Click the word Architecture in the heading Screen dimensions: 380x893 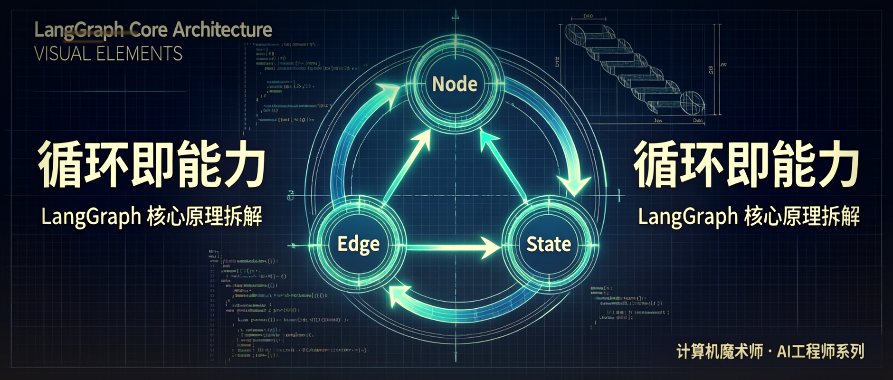coord(222,30)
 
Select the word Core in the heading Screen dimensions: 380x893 coord(148,30)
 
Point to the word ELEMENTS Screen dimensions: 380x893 coord(139,54)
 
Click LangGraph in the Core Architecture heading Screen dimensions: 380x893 coord(79,30)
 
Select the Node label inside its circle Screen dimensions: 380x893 coord(455,84)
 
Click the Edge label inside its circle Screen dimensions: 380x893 coord(358,244)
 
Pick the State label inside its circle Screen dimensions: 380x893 coord(549,244)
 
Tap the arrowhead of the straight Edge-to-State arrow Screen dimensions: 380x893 coord(490,247)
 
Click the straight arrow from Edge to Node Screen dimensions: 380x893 coord(406,166)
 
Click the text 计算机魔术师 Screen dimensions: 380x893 coord(719,351)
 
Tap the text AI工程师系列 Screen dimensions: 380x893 coord(821,351)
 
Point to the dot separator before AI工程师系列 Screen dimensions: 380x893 coord(769,352)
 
